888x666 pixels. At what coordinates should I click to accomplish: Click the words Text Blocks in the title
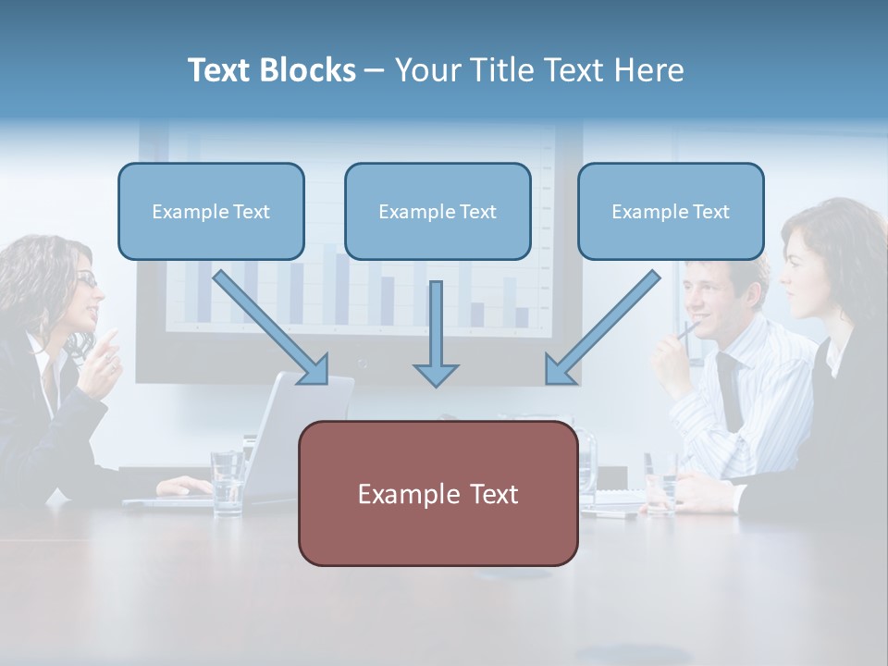271,70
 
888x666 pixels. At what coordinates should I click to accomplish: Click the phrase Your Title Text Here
538,70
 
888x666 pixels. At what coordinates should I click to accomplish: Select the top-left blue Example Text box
211,211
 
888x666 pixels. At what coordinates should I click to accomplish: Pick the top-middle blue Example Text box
438,211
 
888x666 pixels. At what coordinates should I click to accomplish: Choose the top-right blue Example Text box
671,211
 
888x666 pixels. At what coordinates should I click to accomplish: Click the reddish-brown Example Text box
438,493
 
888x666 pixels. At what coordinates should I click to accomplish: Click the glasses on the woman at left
85,278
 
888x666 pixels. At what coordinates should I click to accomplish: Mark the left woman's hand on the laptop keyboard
185,486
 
